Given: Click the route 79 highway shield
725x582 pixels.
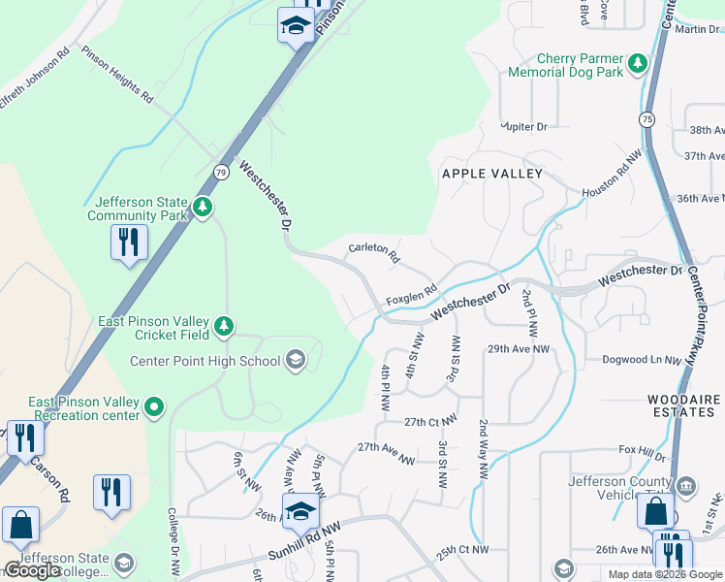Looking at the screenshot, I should (221, 172).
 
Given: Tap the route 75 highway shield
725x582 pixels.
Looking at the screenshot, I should (646, 118).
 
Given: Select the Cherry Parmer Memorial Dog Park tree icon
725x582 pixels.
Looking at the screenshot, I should (638, 64).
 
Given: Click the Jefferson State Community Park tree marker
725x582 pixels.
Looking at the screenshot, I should (203, 208).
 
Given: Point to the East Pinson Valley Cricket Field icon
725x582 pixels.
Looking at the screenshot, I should (224, 327).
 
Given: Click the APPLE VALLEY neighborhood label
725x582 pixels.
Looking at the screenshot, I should (491, 174).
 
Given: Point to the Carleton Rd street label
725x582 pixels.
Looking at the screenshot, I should (374, 254).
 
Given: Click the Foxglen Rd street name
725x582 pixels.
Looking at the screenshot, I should (413, 292).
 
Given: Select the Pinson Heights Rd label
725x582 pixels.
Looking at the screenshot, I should (117, 75).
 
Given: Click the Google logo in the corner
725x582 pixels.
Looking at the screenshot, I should (32, 570).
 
